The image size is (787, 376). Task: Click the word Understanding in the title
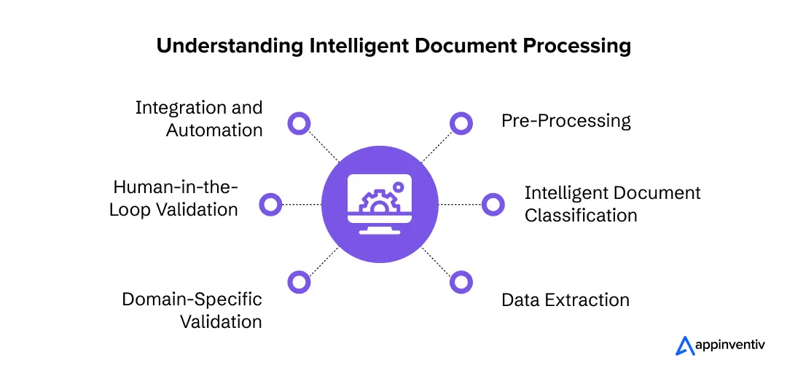[230, 47]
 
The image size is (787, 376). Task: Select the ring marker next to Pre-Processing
[461, 123]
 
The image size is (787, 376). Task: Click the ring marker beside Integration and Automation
[299, 123]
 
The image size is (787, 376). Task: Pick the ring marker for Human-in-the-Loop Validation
[270, 204]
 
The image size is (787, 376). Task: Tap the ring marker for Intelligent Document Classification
[493, 204]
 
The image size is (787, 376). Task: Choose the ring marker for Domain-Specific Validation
[299, 282]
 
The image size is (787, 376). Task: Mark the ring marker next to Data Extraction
[461, 282]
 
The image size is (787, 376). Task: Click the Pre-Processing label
[566, 122]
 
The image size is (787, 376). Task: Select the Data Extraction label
[565, 300]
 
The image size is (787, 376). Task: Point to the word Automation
[214, 130]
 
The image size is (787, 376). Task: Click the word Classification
[582, 216]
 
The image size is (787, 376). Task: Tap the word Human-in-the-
[175, 187]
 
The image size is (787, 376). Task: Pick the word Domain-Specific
[192, 299]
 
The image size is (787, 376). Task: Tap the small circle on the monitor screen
[399, 187]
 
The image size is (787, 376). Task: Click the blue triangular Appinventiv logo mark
[684, 345]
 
